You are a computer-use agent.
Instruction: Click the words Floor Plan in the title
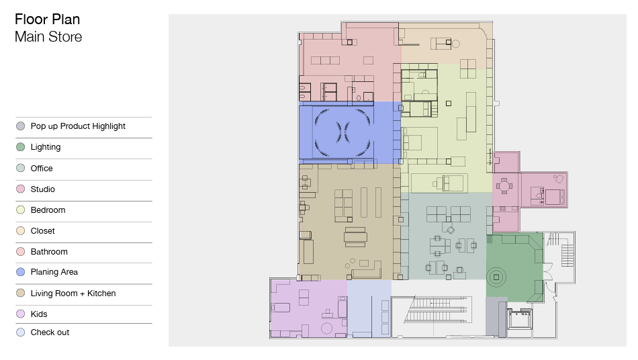pyautogui.click(x=47, y=19)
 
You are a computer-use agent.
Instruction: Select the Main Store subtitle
pyautogui.click(x=48, y=37)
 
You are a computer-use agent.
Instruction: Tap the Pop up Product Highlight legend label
pyautogui.click(x=78, y=126)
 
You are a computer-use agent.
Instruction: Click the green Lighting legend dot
pyautogui.click(x=20, y=147)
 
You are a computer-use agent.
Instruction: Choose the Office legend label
pyautogui.click(x=42, y=169)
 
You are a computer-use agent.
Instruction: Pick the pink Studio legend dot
pyautogui.click(x=20, y=189)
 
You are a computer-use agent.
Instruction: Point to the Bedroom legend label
pyautogui.click(x=48, y=210)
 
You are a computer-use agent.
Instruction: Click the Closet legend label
pyautogui.click(x=43, y=230)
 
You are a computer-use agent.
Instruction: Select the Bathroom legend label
pyautogui.click(x=49, y=251)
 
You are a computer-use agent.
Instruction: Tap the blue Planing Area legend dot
pyautogui.click(x=20, y=272)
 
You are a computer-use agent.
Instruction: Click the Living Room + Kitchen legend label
pyautogui.click(x=73, y=294)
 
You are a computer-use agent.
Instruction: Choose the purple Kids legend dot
pyautogui.click(x=20, y=314)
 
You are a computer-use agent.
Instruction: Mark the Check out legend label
pyautogui.click(x=50, y=332)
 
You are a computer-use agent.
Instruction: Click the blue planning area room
pyautogui.click(x=350, y=132)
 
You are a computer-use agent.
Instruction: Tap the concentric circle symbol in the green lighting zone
pyautogui.click(x=496, y=277)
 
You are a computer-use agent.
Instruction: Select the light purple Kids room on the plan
pyautogui.click(x=308, y=308)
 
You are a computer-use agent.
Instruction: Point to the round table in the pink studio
pyautogui.click(x=504, y=187)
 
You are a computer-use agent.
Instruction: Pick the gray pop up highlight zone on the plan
pyautogui.click(x=496, y=317)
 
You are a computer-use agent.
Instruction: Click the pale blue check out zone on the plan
pyautogui.click(x=369, y=308)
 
